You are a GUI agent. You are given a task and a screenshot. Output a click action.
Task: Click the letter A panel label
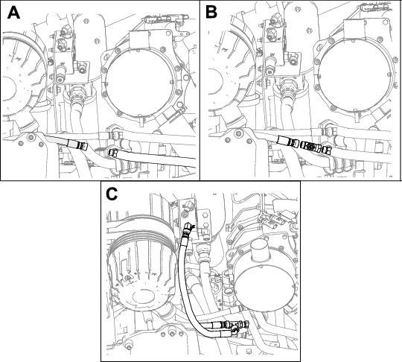13,13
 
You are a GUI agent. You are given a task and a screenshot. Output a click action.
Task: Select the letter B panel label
211,13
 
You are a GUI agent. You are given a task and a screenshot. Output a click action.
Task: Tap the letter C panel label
112,194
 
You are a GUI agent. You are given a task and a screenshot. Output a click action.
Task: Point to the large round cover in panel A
141,83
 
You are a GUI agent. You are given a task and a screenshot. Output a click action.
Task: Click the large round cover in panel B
356,75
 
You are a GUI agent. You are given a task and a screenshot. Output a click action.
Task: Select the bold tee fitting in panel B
311,147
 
